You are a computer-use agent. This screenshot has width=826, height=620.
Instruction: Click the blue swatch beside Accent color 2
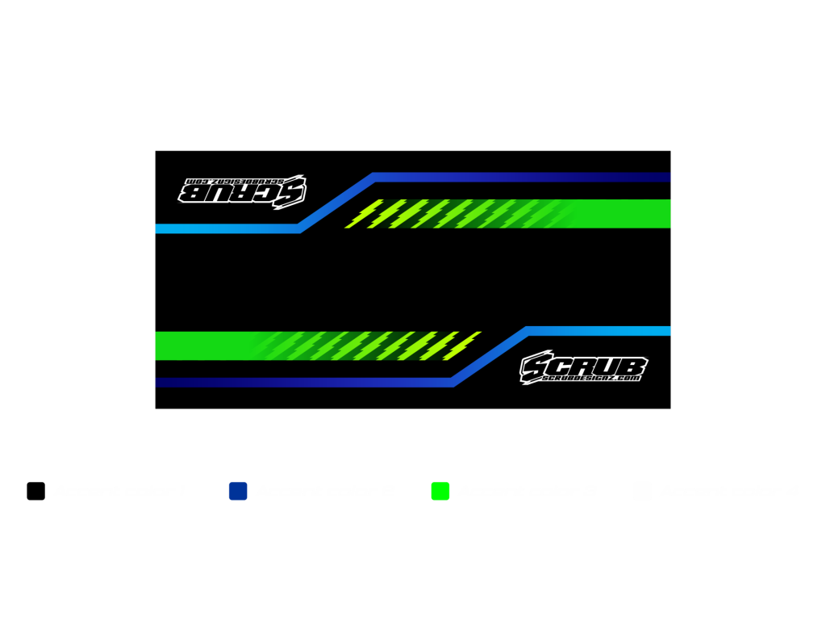[238, 491]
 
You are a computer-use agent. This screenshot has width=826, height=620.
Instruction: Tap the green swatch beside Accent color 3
[440, 491]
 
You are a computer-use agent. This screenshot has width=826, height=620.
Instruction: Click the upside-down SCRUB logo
[242, 191]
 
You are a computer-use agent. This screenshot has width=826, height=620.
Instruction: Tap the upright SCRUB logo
[583, 365]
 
